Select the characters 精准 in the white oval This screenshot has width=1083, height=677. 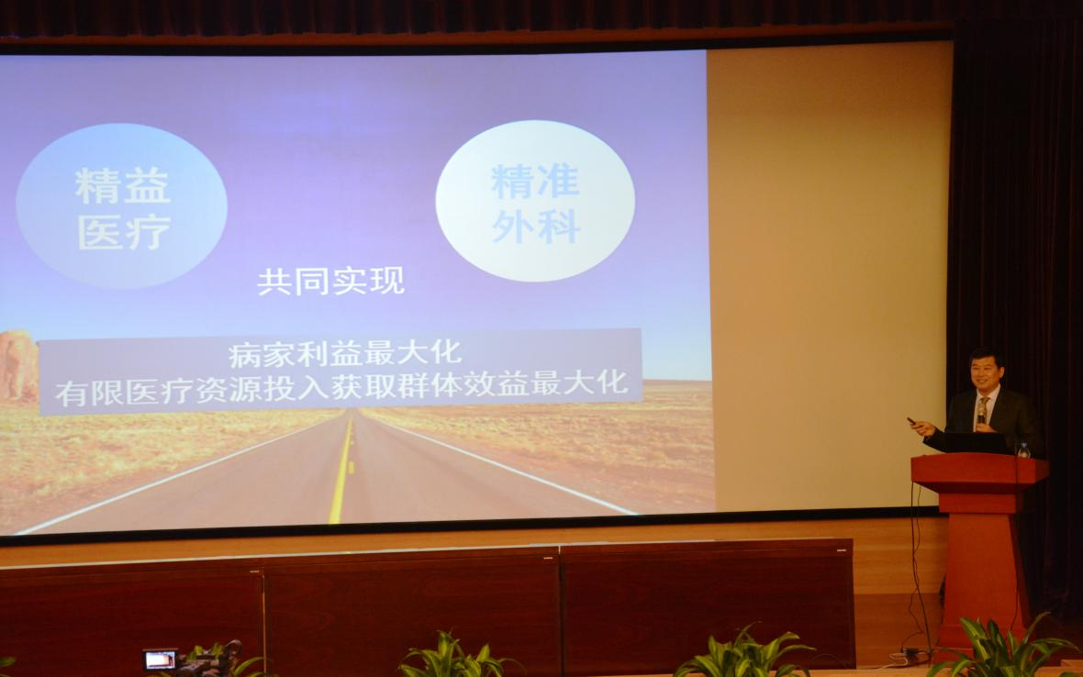coord(535,182)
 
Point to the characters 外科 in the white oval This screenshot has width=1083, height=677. coord(535,228)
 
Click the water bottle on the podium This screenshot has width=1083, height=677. coord(1023,449)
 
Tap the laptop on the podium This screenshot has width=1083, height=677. coord(978,443)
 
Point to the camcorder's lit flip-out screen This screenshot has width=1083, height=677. coord(160,659)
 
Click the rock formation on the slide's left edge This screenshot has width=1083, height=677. coord(17,366)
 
